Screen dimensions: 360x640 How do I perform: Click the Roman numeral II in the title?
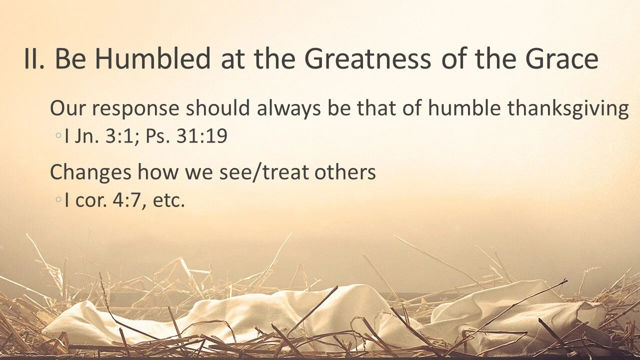pyautogui.click(x=35, y=59)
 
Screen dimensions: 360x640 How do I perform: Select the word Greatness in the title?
pyautogui.click(x=367, y=59)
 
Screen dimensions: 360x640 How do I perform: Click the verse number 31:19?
pyautogui.click(x=202, y=136)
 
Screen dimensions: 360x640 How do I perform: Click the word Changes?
pyautogui.click(x=90, y=172)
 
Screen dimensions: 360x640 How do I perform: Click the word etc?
pyautogui.click(x=169, y=200)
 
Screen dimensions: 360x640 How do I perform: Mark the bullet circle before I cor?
pyautogui.click(x=59, y=200)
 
